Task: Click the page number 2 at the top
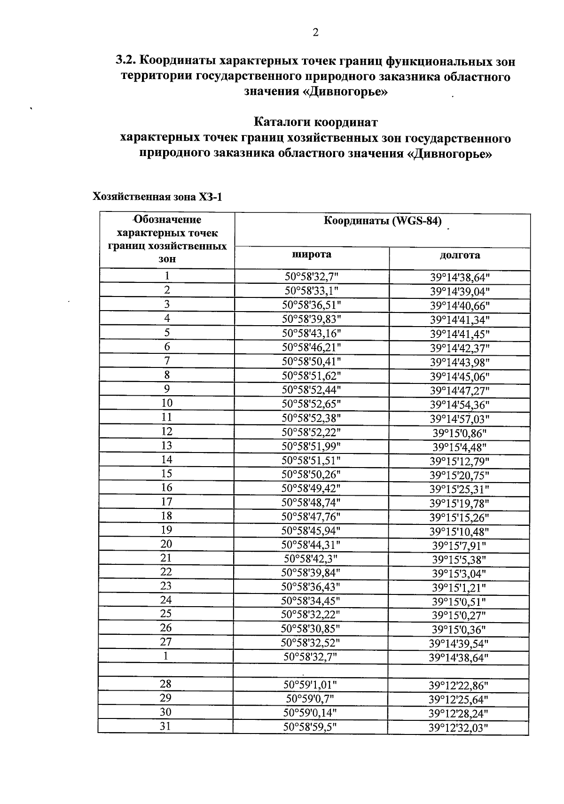pyautogui.click(x=315, y=32)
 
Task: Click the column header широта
pyautogui.click(x=312, y=255)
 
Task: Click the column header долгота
pyautogui.click(x=459, y=255)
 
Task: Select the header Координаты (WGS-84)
pyautogui.click(x=383, y=222)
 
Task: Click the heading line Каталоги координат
pyautogui.click(x=315, y=123)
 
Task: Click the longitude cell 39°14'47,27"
pyautogui.click(x=459, y=390)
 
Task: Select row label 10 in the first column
pyautogui.click(x=167, y=403)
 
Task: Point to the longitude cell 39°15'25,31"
pyautogui.click(x=459, y=489)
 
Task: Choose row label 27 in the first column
pyautogui.click(x=166, y=642)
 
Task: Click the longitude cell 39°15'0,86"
pyautogui.click(x=459, y=433)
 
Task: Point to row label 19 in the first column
pyautogui.click(x=166, y=530)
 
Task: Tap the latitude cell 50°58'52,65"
pyautogui.click(x=311, y=404)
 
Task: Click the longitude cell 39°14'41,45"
pyautogui.click(x=459, y=334)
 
